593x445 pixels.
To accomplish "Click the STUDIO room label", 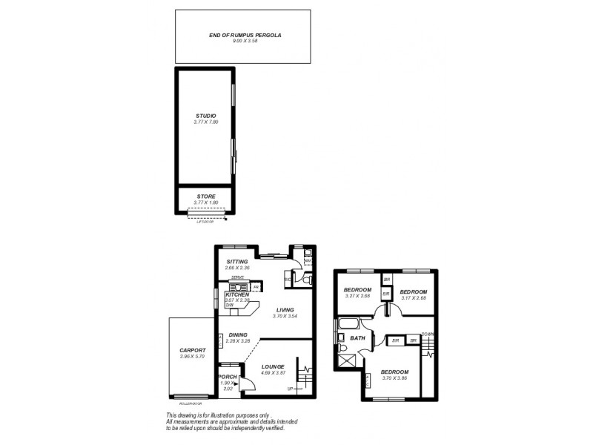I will [x=205, y=116].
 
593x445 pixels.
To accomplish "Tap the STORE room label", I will [x=205, y=197].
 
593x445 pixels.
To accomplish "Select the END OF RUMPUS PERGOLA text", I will [x=235, y=35].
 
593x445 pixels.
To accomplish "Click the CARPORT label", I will [x=191, y=351].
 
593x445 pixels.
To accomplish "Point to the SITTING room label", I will [x=237, y=262].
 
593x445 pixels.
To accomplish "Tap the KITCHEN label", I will [x=237, y=294].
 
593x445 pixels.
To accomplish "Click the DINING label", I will [x=238, y=335].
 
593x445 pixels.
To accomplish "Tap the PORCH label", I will [x=228, y=377].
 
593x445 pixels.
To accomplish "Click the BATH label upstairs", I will [x=357, y=338].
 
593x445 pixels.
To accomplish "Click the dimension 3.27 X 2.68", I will [x=357, y=297].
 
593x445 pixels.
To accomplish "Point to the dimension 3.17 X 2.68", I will [x=414, y=299].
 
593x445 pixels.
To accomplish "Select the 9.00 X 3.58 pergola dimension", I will [x=235, y=41].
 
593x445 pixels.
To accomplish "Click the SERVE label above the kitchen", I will [x=237, y=277].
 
